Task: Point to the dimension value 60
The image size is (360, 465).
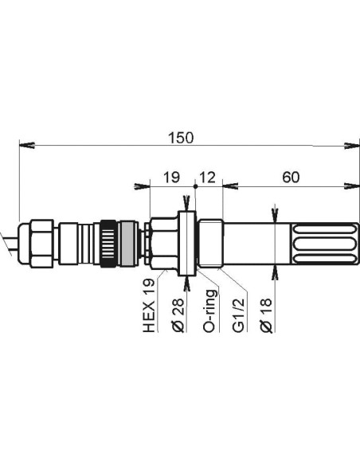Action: [x=290, y=178]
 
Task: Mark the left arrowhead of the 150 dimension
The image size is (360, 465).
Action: [x=24, y=146]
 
